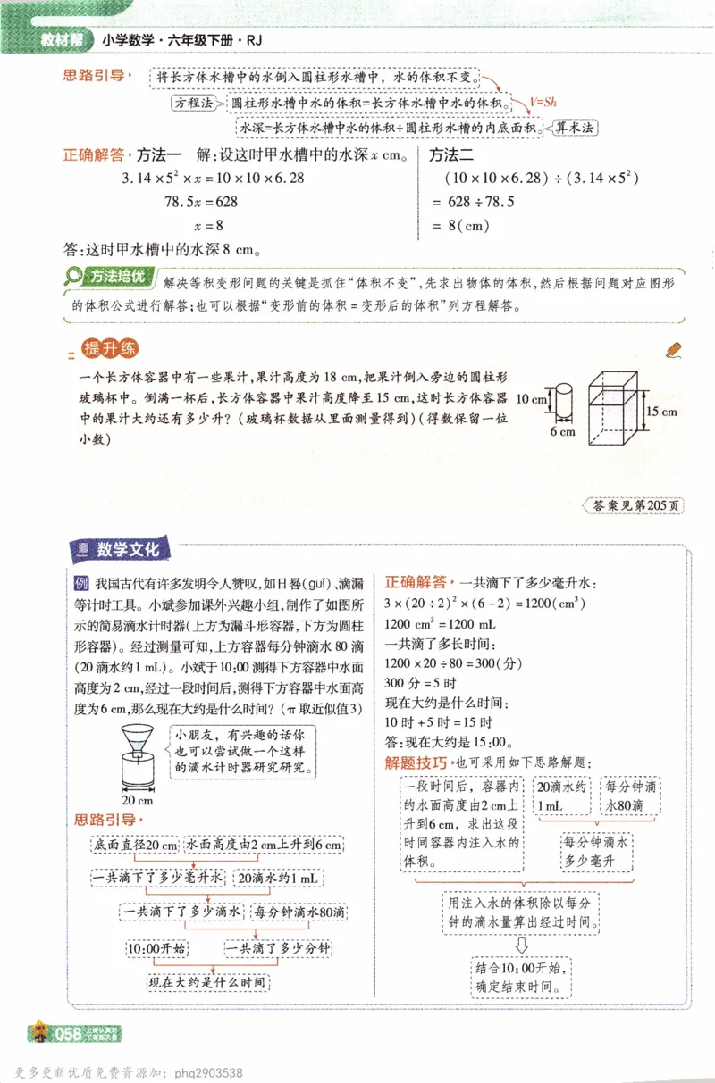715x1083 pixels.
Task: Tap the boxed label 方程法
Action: coord(195,104)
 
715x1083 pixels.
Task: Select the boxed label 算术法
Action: coord(574,128)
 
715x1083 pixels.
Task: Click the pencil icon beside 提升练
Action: coord(674,351)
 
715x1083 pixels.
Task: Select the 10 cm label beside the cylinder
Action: coord(531,399)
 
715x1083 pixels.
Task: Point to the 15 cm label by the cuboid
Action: coord(661,412)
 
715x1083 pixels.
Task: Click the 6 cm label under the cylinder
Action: coord(562,432)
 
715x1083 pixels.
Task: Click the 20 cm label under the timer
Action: coord(137,800)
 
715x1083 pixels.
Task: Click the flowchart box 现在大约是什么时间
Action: coord(208,983)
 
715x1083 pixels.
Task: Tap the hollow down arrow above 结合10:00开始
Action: coord(522,944)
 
